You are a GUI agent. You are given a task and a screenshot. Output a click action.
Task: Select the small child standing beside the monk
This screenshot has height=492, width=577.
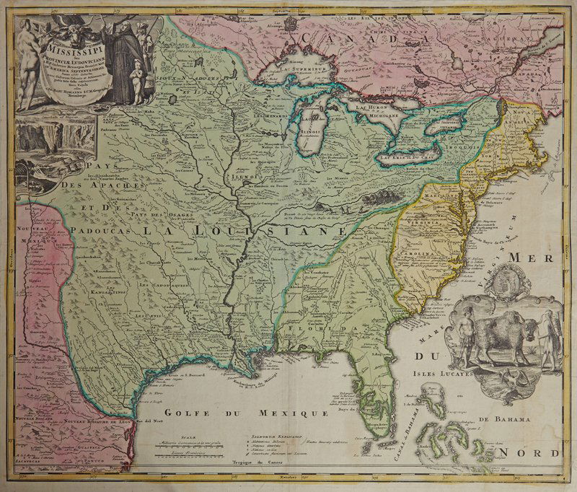(x=133, y=76)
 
